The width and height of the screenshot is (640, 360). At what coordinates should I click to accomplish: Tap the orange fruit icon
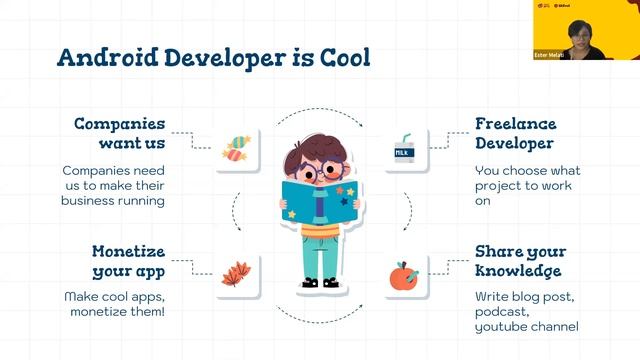[404, 272]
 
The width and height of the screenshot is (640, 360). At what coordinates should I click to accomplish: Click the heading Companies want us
[119, 136]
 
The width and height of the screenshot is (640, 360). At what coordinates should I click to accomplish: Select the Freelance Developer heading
[515, 136]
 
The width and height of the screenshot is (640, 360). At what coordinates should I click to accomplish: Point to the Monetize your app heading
[128, 261]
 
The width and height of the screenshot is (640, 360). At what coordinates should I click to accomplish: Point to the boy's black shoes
[322, 283]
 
